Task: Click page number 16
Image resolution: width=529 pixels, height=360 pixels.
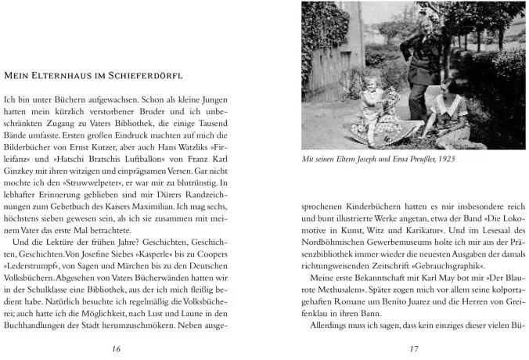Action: pyautogui.click(x=116, y=348)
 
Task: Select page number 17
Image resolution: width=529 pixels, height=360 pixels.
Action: pyautogui.click(x=415, y=348)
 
